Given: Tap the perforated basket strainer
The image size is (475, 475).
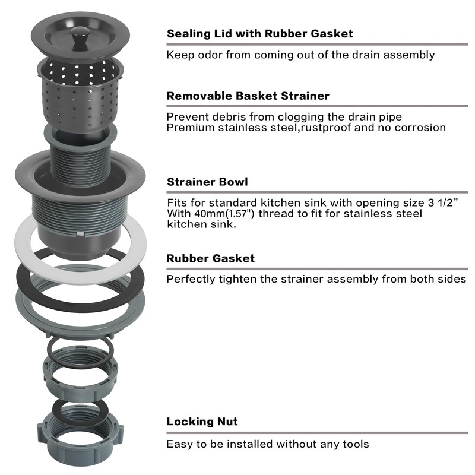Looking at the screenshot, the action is point(80,94).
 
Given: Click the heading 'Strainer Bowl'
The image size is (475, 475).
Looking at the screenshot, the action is point(207,182).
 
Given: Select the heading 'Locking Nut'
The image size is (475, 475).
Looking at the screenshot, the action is point(202,422).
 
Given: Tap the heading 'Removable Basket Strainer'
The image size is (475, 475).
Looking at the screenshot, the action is point(248,96).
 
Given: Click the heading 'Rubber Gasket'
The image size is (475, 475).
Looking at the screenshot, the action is point(211,258).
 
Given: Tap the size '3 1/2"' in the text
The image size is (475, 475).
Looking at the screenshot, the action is point(442,202).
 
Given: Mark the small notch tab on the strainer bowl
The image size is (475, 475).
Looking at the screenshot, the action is point(80,233).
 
